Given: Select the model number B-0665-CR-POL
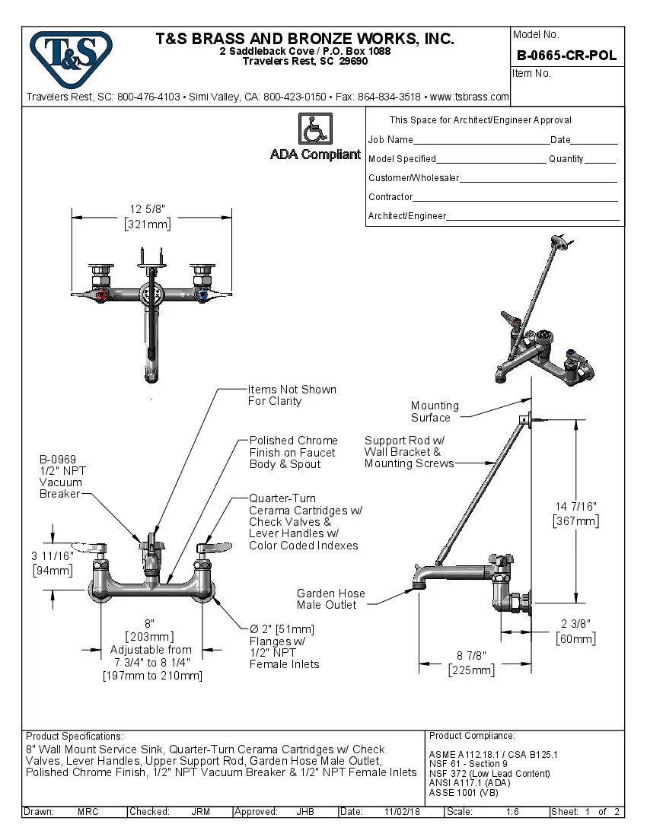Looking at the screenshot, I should click(x=566, y=56).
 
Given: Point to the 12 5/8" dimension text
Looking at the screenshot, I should click(x=148, y=209).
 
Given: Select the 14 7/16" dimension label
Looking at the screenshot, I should click(x=575, y=506).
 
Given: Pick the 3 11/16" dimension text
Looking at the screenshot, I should click(x=53, y=556).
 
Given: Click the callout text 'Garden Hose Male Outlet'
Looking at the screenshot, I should click(x=330, y=599).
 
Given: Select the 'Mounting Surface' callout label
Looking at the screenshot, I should click(x=435, y=412).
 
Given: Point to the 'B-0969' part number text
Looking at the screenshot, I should click(x=58, y=459).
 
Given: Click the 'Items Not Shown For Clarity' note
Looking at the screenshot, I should click(x=292, y=395).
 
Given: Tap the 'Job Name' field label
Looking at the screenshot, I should click(x=390, y=140).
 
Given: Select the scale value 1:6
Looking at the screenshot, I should click(x=512, y=812).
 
